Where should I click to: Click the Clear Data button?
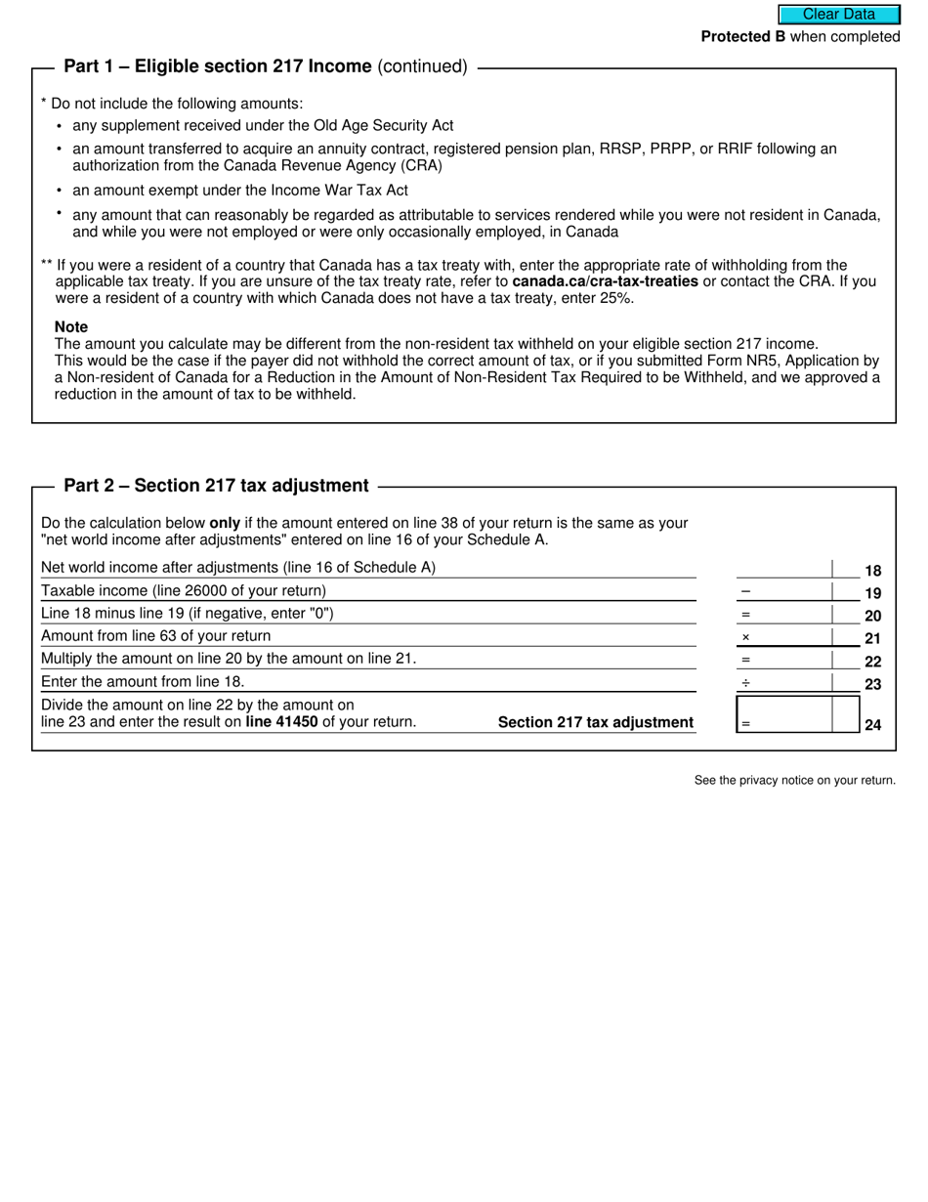click(838, 15)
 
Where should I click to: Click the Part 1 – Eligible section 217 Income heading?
click(217, 66)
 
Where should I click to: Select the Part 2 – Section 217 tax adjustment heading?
click(216, 486)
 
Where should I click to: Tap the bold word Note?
click(71, 326)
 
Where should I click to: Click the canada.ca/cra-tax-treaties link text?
click(605, 281)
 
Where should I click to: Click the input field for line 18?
click(783, 569)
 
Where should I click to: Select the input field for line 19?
click(791, 591)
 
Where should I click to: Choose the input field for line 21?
click(791, 637)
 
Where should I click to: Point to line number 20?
click(872, 616)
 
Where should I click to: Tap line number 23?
click(872, 684)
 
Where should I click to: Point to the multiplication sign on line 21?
click(745, 637)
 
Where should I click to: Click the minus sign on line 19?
click(745, 591)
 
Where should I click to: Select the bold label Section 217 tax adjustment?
click(596, 722)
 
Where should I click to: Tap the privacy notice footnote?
click(794, 780)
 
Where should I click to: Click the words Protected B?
click(742, 37)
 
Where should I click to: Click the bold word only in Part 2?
click(225, 523)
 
